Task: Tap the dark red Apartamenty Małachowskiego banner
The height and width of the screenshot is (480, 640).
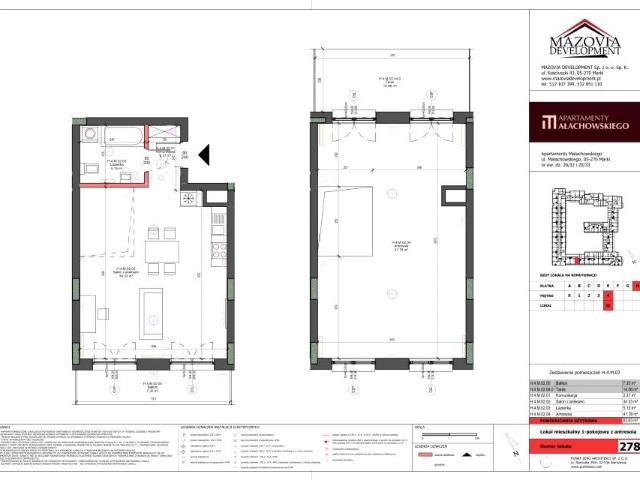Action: pos(577,124)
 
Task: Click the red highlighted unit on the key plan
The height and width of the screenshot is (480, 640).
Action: pos(576,262)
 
